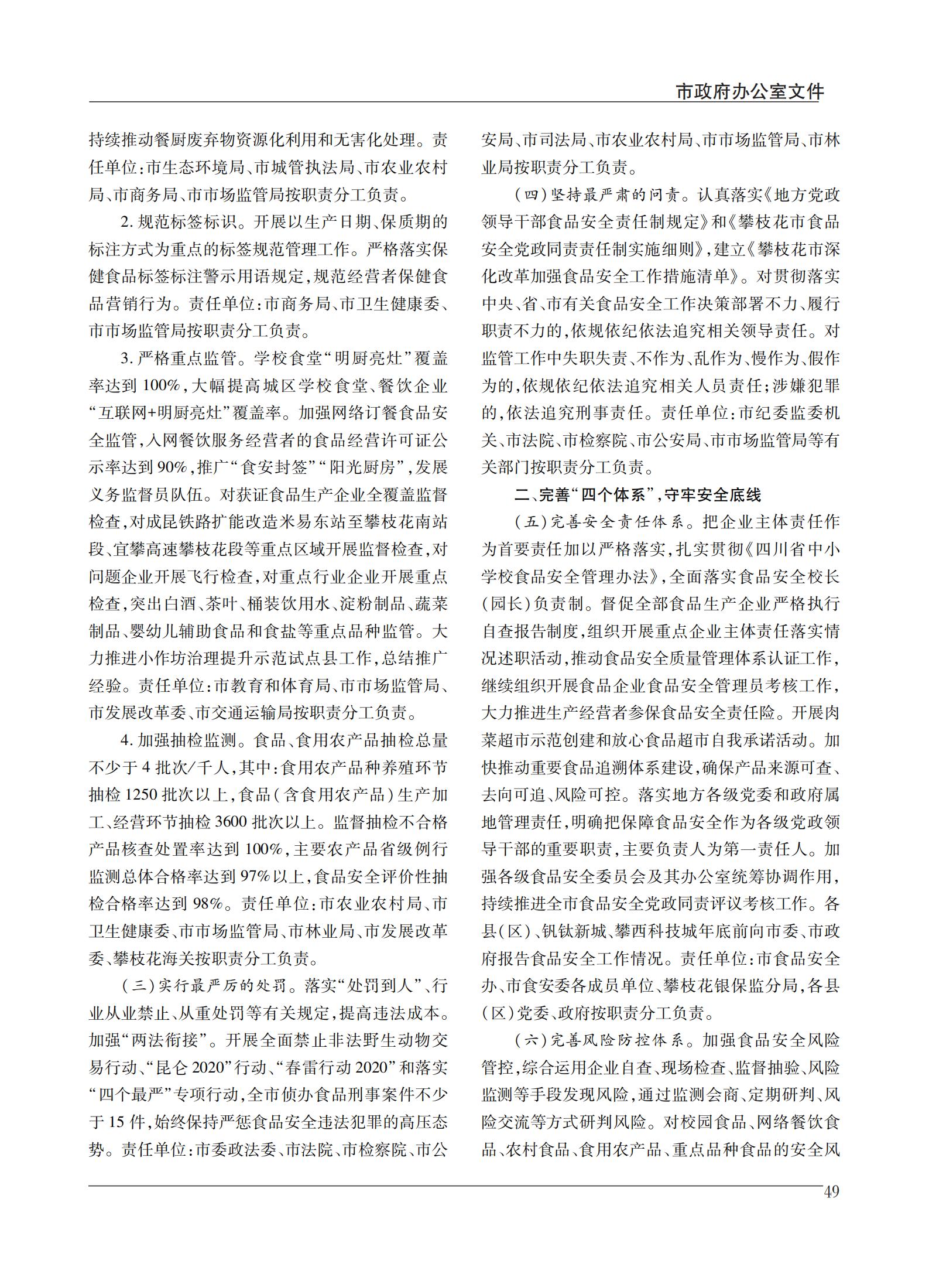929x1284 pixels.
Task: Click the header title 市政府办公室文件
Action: [x=749, y=91]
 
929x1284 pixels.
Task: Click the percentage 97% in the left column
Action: [x=256, y=876]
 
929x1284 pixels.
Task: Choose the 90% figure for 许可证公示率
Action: [x=173, y=467]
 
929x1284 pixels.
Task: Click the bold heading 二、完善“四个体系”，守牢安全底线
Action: [x=637, y=495]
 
